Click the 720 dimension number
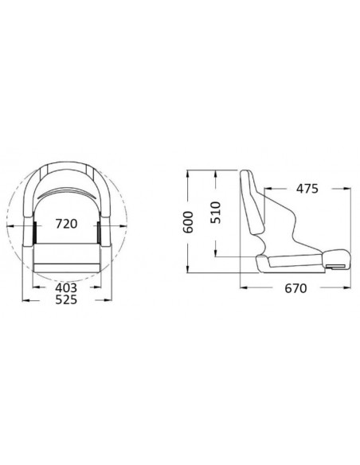point(66,224)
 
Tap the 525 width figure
point(66,301)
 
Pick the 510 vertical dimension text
point(215,212)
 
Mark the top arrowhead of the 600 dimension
point(187,174)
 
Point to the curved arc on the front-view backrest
point(66,194)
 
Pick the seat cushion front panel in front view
point(66,256)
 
